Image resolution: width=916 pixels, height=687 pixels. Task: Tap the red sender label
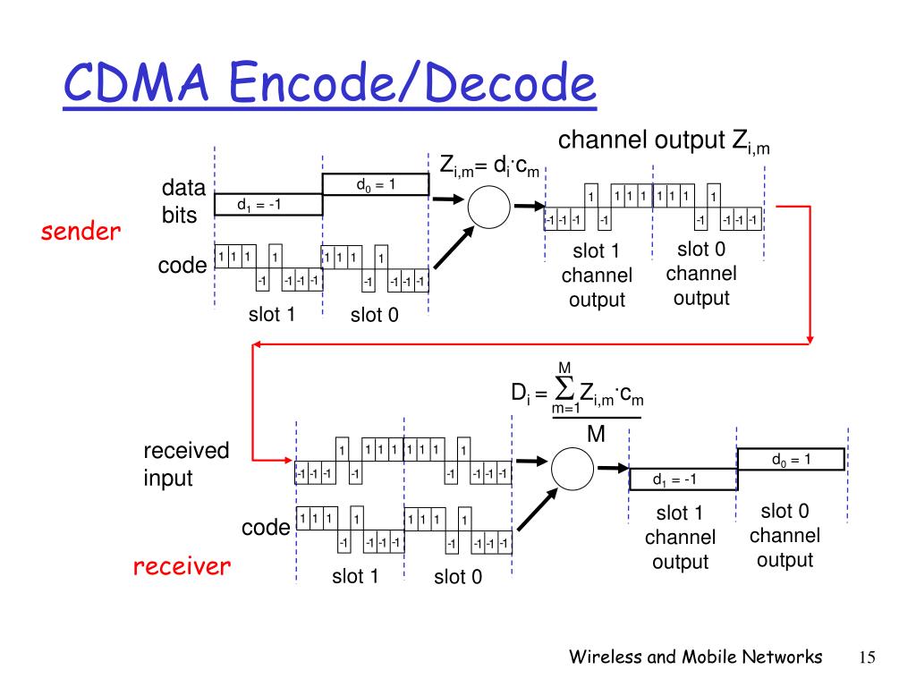tap(81, 232)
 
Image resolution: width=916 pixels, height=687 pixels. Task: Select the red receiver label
tap(182, 566)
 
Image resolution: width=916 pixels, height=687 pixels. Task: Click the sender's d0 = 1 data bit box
tap(376, 184)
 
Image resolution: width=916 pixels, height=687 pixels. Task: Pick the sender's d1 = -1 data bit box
tap(268, 205)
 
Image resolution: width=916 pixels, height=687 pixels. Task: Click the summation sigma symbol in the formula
tap(564, 388)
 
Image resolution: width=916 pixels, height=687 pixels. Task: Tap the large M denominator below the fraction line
tap(596, 434)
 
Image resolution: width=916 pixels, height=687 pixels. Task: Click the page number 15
tap(867, 657)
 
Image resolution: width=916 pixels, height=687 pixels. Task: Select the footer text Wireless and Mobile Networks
tap(696, 657)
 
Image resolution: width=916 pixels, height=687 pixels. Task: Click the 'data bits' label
tap(183, 201)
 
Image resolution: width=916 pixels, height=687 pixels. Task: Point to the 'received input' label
tap(186, 464)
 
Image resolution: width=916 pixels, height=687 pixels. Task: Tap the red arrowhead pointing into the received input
tap(289, 461)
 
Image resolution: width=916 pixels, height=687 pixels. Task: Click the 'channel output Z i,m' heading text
tap(664, 142)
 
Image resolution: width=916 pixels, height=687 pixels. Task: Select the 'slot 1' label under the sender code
tap(272, 314)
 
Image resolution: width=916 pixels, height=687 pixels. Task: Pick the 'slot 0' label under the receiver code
tap(458, 577)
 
